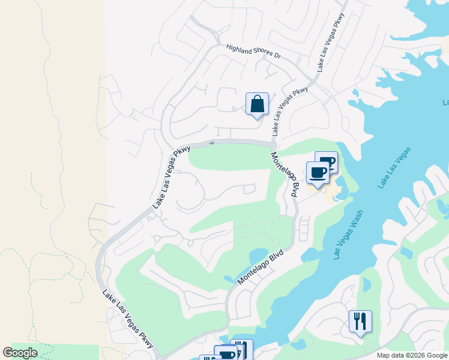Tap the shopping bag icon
[x=257, y=104]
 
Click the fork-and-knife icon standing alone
[x=360, y=322]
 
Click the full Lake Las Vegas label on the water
[x=395, y=167]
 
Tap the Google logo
[x=20, y=353]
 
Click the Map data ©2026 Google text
[x=412, y=355]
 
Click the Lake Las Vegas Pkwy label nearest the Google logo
[x=128, y=320]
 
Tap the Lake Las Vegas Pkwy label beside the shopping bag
[x=290, y=111]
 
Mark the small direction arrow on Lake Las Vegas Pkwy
[x=211, y=143]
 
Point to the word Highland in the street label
[x=239, y=49]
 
